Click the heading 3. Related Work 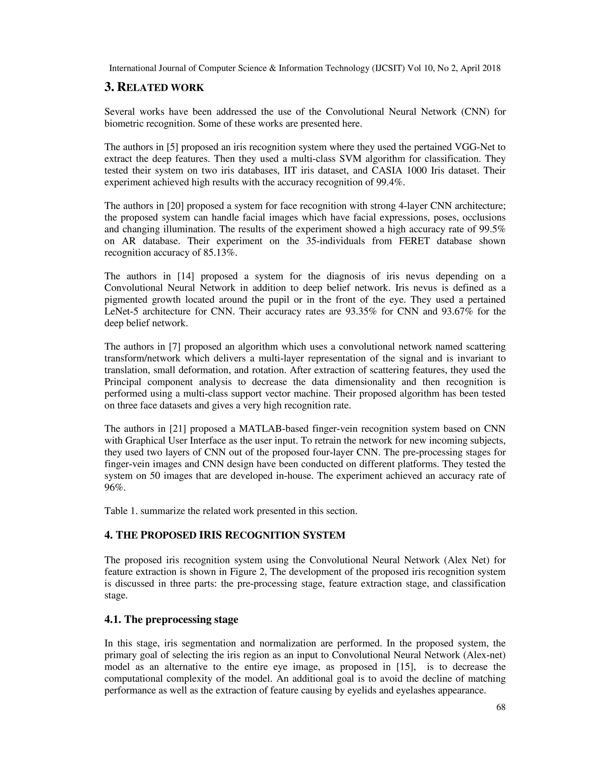pyautogui.click(x=154, y=87)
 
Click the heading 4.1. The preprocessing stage pyautogui.click(x=171, y=619)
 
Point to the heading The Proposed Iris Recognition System pyautogui.click(x=225, y=535)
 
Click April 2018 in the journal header pyautogui.click(x=480, y=68)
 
